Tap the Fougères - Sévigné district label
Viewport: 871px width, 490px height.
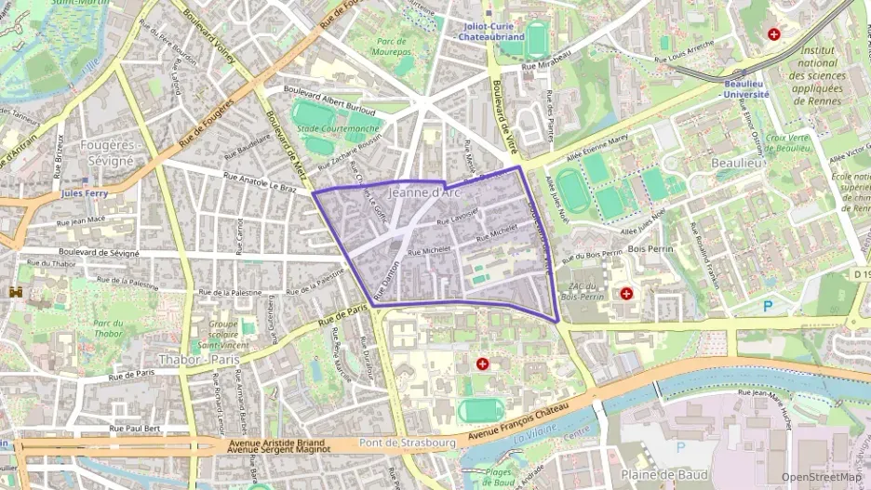(x=110, y=152)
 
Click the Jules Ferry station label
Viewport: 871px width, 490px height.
(x=85, y=193)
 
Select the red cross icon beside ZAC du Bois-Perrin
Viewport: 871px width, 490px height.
(x=626, y=294)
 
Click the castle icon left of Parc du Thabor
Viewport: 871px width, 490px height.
(x=15, y=292)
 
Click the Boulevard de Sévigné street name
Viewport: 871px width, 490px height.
(x=99, y=253)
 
